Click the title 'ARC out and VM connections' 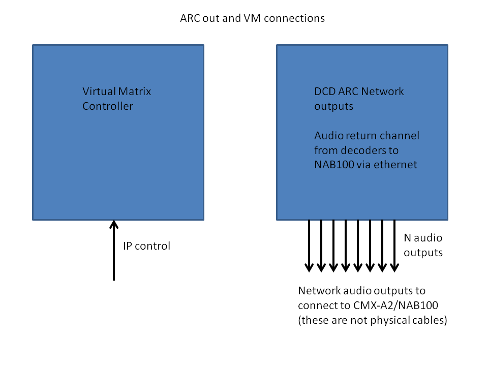click(x=252, y=18)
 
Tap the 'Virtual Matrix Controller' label click(x=117, y=99)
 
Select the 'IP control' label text click(x=146, y=246)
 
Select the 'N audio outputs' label click(x=423, y=245)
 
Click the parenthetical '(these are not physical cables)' click(x=372, y=321)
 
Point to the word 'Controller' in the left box click(x=108, y=106)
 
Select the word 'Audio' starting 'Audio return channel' click(x=328, y=136)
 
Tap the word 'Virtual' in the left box click(x=99, y=91)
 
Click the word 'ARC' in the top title click(x=191, y=18)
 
